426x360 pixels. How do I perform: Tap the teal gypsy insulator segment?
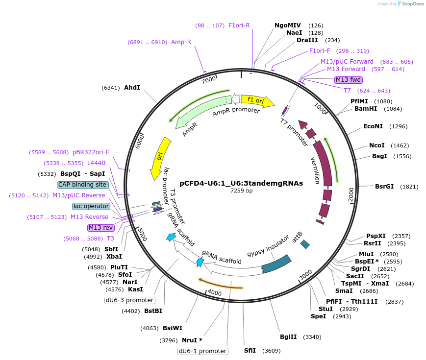pyautogui.click(x=277, y=264)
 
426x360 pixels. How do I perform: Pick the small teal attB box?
pyautogui.click(x=305, y=243)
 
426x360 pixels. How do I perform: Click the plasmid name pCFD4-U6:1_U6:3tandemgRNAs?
pyautogui.click(x=241, y=183)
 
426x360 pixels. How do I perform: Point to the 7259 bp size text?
pyautogui.click(x=241, y=191)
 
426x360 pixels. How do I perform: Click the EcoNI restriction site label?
pyautogui.click(x=373, y=126)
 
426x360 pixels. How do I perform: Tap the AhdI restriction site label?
pyautogui.click(x=132, y=88)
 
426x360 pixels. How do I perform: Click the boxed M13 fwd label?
pyautogui.click(x=348, y=80)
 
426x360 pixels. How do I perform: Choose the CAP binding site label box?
pyautogui.click(x=82, y=185)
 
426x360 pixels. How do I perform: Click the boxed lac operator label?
pyautogui.click(x=91, y=206)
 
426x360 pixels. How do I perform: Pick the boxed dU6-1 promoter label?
pyautogui.click(x=202, y=351)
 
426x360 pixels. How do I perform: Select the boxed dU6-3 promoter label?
pyautogui.click(x=129, y=300)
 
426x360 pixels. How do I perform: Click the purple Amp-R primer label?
pyautogui.click(x=181, y=42)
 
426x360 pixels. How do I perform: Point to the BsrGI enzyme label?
pyautogui.click(x=384, y=187)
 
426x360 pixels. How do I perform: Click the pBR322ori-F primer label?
pyautogui.click(x=91, y=152)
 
